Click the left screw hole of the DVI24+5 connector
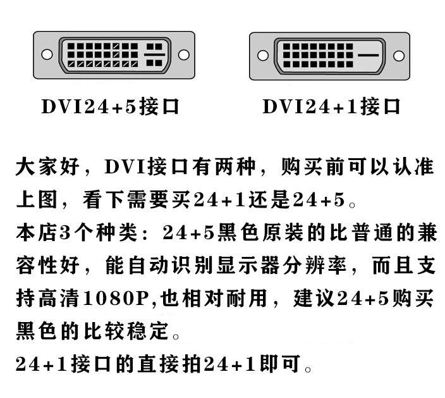(47, 54)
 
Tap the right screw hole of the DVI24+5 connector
(184, 54)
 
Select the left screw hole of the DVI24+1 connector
(262, 55)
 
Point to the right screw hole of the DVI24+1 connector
(399, 55)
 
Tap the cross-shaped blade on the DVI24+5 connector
(155, 55)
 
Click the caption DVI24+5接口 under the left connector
(111, 106)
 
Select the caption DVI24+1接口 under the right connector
(331, 106)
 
